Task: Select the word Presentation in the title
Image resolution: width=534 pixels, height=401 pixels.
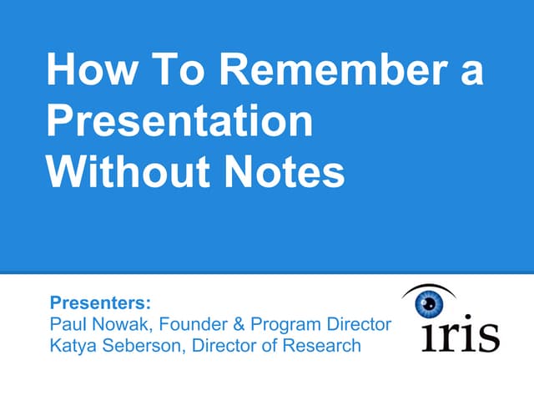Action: pyautogui.click(x=179, y=122)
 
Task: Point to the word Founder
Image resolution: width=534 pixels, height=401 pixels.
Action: pyautogui.click(x=189, y=323)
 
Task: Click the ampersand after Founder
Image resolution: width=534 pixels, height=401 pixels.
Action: pyautogui.click(x=236, y=323)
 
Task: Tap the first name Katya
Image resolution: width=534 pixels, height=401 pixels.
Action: pyautogui.click(x=73, y=344)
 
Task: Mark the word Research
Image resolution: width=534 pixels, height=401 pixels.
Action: pyautogui.click(x=325, y=344)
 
